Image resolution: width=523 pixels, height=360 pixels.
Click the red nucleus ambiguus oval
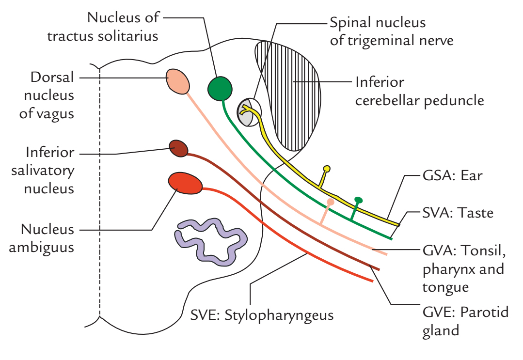coord(185,183)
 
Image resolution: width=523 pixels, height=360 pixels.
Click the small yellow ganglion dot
coord(327,169)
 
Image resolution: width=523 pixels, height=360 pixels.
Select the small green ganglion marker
coord(358,200)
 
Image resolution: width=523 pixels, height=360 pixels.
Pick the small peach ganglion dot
coord(331,202)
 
